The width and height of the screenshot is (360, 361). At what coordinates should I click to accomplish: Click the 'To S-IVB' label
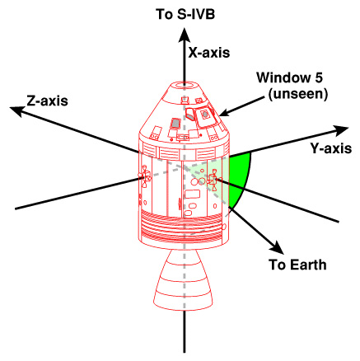pyautogui.click(x=185, y=14)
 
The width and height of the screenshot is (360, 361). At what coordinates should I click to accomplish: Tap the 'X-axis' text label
pyautogui.click(x=209, y=53)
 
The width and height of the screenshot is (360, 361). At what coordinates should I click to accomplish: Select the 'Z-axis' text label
pyautogui.click(x=47, y=101)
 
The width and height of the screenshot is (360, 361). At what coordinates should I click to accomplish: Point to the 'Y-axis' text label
pyautogui.click(x=331, y=148)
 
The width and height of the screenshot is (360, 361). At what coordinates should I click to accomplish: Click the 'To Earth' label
pyautogui.click(x=297, y=265)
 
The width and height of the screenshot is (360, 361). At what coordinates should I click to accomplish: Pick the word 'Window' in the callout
pyautogui.click(x=281, y=77)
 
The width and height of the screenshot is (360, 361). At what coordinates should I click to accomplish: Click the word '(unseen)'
pyautogui.click(x=298, y=94)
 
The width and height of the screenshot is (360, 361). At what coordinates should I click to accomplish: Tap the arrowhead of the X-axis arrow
pyautogui.click(x=185, y=35)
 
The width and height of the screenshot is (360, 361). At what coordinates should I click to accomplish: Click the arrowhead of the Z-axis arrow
pyautogui.click(x=16, y=110)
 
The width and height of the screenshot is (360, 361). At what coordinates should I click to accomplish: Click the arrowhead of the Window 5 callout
pyautogui.click(x=223, y=113)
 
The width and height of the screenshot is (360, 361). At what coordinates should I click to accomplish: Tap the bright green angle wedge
pyautogui.click(x=241, y=178)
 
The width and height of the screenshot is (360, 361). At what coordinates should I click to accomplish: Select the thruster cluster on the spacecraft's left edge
pyautogui.click(x=145, y=176)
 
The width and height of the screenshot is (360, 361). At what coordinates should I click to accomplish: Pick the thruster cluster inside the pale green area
pyautogui.click(x=213, y=180)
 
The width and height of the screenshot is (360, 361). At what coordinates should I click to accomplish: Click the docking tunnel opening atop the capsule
pyautogui.click(x=185, y=85)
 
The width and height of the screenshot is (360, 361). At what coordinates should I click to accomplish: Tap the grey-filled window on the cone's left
pyautogui.click(x=175, y=123)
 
